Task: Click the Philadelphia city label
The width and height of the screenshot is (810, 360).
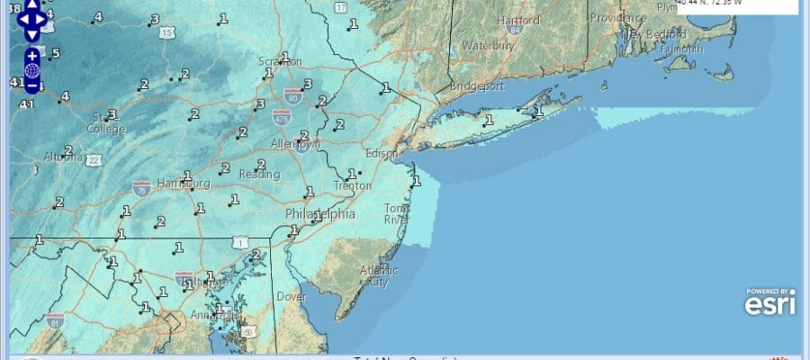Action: (x=319, y=214)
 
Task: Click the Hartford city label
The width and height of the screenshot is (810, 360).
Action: (x=517, y=20)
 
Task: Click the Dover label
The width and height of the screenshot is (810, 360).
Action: (x=292, y=295)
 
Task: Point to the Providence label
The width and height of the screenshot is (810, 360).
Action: (x=619, y=17)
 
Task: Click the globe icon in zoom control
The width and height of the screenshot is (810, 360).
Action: (x=31, y=70)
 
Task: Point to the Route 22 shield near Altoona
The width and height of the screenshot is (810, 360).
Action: (x=94, y=159)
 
